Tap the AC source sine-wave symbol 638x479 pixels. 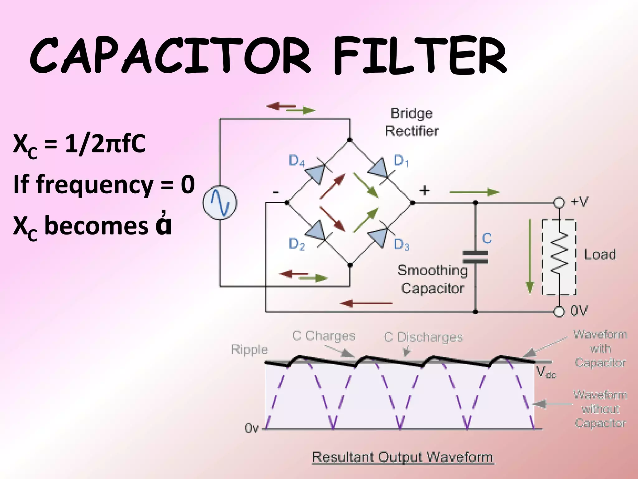coord(220,203)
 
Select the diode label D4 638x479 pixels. coord(296,161)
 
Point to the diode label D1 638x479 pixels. coord(401,161)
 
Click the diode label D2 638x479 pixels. coord(297,244)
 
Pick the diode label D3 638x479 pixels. coord(401,244)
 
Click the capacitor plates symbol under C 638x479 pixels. coord(475,257)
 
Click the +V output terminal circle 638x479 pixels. coord(559,203)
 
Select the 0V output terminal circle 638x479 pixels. coord(559,312)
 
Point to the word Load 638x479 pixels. coord(600,254)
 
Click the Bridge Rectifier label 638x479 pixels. coord(412,122)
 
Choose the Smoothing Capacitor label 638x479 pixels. coord(432,279)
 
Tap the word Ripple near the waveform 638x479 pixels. coord(249,350)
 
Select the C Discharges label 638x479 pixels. coord(423,337)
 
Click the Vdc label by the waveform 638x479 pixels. coord(546,372)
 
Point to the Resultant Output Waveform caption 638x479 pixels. coord(402,457)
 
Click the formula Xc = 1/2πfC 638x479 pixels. coord(79,144)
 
